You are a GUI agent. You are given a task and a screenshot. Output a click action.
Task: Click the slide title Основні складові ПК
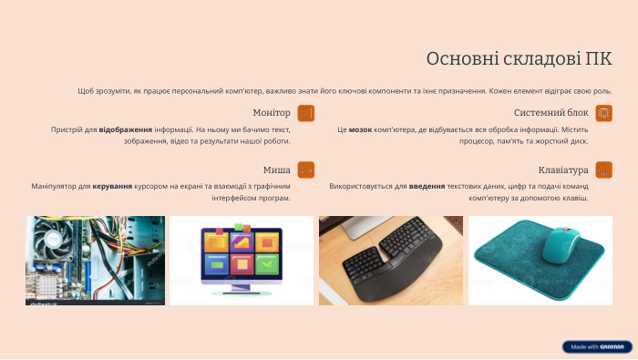(519, 59)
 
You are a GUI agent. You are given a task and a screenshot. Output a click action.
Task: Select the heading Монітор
(271, 113)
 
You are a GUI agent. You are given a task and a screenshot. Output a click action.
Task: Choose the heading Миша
(277, 170)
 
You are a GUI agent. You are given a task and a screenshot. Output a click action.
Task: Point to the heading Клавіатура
(563, 170)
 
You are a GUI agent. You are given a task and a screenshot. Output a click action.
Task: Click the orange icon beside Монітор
(306, 113)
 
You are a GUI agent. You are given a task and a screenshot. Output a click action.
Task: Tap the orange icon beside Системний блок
(603, 113)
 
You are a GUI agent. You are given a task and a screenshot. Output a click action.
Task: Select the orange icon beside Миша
(306, 170)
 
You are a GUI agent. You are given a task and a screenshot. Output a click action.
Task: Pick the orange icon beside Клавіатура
(603, 170)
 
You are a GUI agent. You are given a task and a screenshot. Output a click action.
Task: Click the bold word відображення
(126, 130)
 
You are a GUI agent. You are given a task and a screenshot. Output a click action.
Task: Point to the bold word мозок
(360, 130)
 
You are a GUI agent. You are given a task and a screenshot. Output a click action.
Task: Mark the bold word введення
(427, 186)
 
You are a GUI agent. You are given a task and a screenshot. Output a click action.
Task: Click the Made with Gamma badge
(597, 347)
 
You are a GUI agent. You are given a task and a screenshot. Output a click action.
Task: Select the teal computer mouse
(561, 244)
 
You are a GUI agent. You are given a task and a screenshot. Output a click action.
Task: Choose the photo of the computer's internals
(95, 260)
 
